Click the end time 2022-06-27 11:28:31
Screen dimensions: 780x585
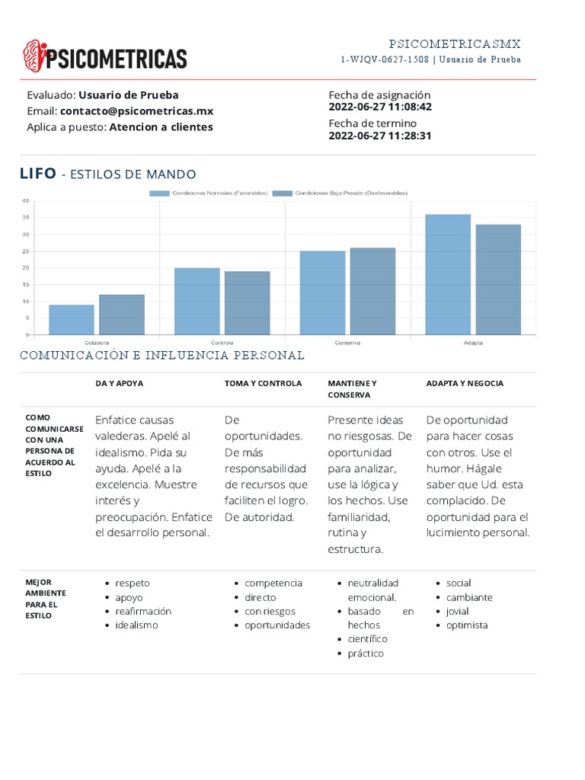[x=380, y=136]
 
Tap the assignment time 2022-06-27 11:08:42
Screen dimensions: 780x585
[x=380, y=107]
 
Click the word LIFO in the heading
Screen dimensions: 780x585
[x=37, y=174]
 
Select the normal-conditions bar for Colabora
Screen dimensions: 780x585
[x=72, y=319]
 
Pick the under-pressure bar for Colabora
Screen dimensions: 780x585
[x=122, y=314]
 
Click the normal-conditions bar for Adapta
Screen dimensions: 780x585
[x=448, y=274]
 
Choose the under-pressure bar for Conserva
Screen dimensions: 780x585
[x=372, y=291]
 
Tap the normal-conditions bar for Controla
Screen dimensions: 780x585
[x=197, y=301]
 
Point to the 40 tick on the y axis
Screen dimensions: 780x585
[x=25, y=201]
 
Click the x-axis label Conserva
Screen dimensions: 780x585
[x=347, y=343]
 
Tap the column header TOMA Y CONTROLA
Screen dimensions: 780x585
[x=263, y=383]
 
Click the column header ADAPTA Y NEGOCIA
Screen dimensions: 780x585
[x=465, y=383]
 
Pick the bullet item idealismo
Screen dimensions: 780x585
[x=136, y=625]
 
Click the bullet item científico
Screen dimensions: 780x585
[x=367, y=639]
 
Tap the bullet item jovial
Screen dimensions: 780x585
[x=458, y=612]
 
